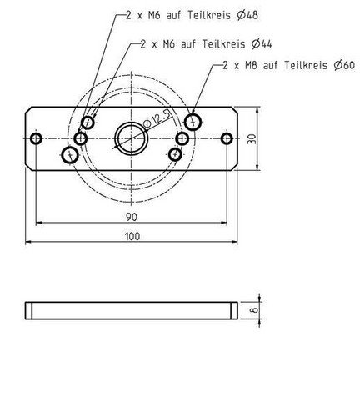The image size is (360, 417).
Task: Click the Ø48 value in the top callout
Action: click(247, 15)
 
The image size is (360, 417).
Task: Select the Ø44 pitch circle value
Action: click(262, 44)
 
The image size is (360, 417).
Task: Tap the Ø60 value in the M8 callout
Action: click(344, 65)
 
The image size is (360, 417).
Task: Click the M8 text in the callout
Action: click(251, 66)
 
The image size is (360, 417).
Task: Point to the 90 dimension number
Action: click(132, 217)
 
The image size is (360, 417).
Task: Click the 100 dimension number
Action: click(132, 236)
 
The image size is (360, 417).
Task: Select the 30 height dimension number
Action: click(252, 138)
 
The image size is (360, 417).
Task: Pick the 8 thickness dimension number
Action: click(254, 309)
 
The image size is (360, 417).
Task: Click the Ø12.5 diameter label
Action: click(157, 118)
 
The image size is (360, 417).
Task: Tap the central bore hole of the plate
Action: click(132, 138)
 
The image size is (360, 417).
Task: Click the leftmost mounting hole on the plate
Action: click(36, 138)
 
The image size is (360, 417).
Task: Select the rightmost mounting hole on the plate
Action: click(227, 138)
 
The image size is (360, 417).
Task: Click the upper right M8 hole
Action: click(193, 122)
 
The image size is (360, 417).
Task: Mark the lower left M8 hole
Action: click(70, 155)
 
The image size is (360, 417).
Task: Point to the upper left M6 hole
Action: click(87, 123)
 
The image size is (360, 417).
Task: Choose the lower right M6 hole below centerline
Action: click(175, 154)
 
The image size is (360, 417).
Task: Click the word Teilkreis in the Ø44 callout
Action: click(223, 44)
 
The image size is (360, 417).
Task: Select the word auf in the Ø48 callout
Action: click(173, 15)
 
